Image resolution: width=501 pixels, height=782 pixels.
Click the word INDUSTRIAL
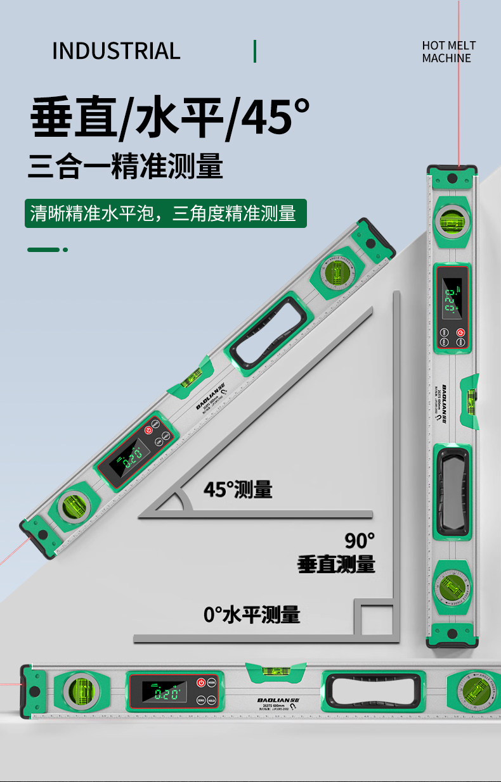116,51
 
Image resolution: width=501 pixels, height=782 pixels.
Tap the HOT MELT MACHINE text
448,52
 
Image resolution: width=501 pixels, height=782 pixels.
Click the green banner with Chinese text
165,213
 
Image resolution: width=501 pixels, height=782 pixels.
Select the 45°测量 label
238,489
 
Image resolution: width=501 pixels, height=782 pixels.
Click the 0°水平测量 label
252,614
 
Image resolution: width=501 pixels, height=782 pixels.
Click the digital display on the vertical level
452,298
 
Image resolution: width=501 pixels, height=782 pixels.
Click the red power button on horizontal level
200,683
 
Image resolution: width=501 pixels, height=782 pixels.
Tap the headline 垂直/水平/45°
170,117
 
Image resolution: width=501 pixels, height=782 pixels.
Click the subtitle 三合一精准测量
126,168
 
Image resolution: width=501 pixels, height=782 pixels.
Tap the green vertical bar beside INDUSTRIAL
255,51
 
